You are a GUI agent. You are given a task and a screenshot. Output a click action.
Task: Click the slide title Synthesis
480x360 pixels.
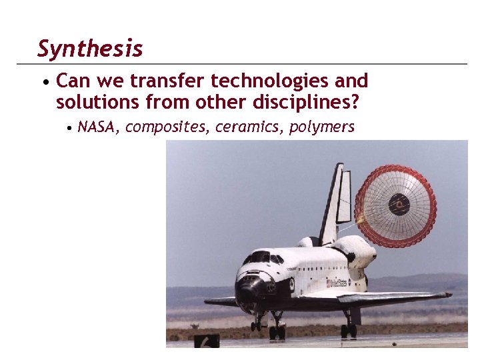90,49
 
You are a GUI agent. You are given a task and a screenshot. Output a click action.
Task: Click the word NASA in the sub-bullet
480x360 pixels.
96,127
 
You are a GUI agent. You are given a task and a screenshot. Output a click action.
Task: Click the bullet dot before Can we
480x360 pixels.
44,83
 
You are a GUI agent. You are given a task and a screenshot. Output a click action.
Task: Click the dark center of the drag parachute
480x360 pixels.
399,203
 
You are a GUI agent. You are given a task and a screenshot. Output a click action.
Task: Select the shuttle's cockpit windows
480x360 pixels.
263,257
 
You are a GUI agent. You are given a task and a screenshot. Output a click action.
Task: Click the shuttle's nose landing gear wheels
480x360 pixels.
257,325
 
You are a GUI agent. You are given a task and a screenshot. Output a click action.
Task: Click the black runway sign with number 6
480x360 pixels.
207,341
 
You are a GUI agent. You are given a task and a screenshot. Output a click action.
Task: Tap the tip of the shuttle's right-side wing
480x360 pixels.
448,294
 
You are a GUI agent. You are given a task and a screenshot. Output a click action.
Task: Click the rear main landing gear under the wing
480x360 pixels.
349,329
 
